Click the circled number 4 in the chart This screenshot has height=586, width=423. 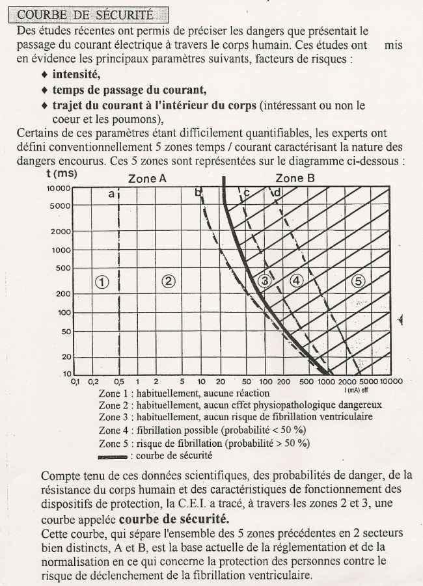click(x=297, y=281)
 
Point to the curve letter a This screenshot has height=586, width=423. click(x=111, y=194)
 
